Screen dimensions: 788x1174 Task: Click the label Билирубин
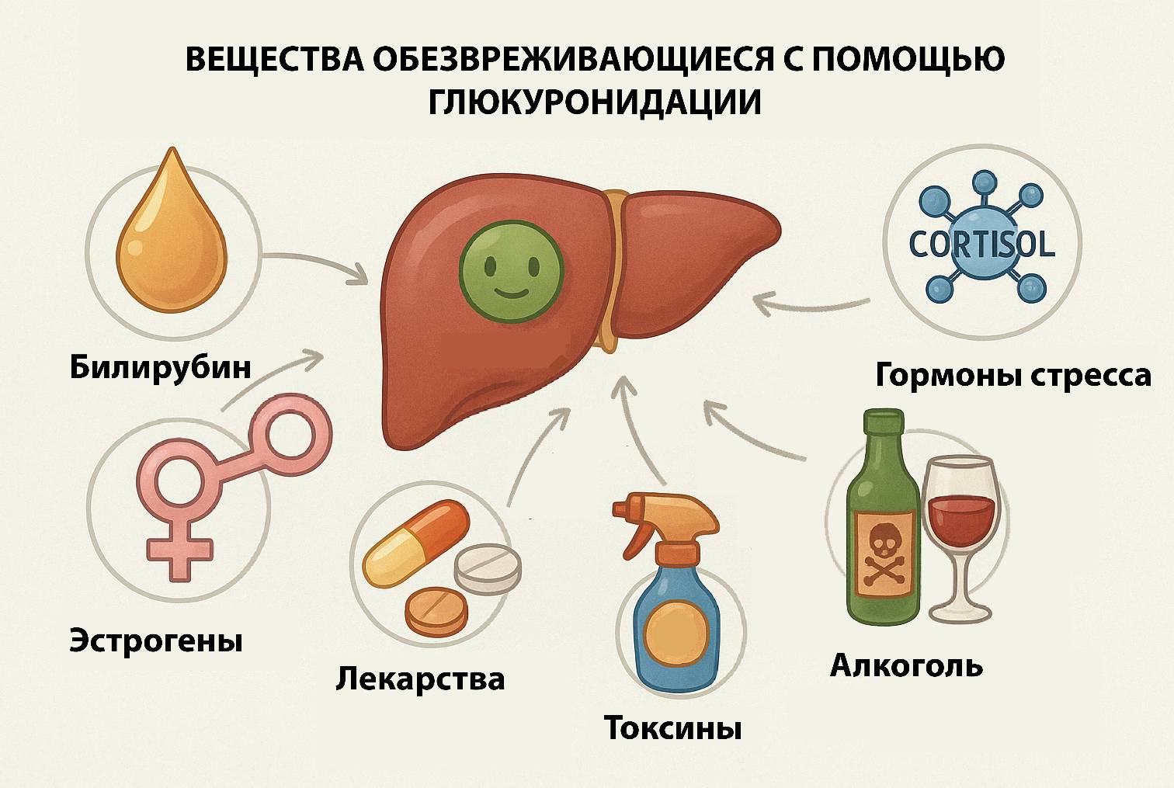click(161, 366)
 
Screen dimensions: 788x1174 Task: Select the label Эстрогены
click(156, 641)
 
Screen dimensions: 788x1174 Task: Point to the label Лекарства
click(420, 679)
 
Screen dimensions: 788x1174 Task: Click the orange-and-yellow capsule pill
click(416, 543)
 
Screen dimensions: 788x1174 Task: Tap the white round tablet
click(488, 568)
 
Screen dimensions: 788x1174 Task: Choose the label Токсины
click(672, 729)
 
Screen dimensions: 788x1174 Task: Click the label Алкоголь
click(906, 665)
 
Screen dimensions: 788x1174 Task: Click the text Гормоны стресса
click(1012, 375)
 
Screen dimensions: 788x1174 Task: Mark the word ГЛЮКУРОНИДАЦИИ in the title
click(594, 102)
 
